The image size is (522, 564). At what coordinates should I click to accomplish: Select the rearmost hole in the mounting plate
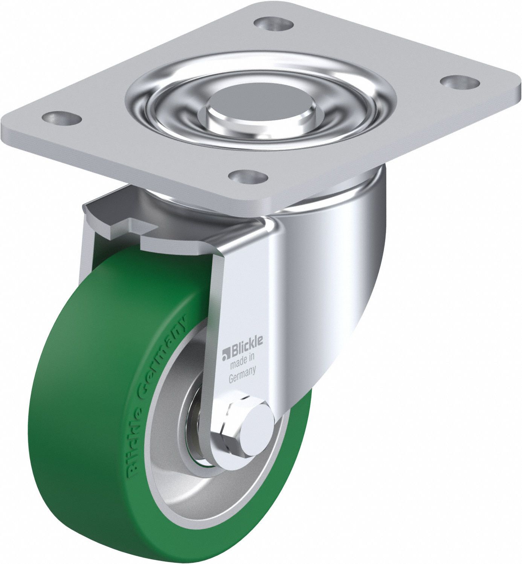coord(275,23)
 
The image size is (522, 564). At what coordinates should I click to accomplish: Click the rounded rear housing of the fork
coord(339,271)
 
